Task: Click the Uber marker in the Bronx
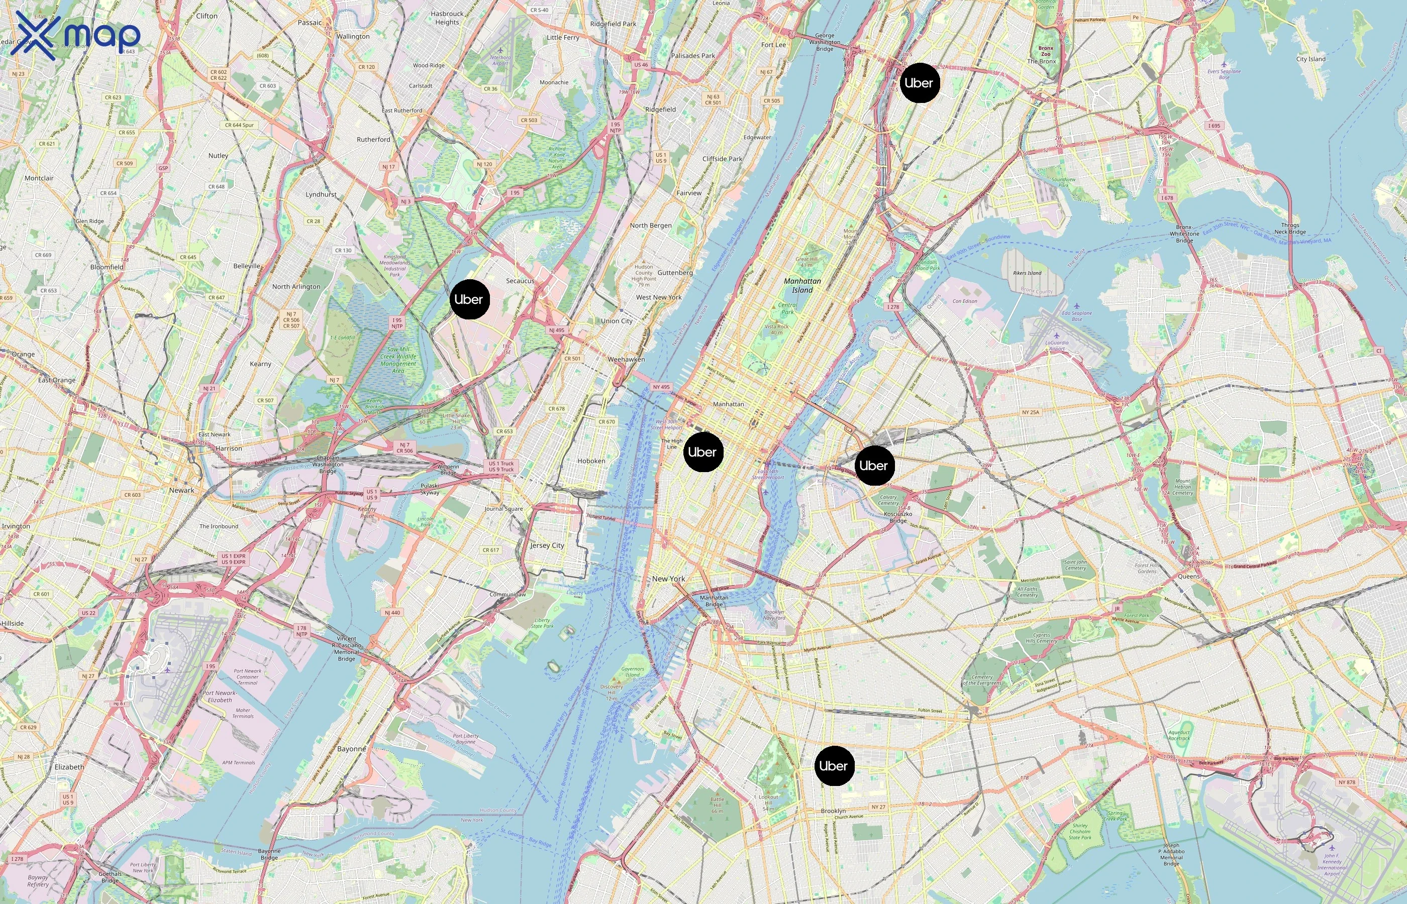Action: (920, 83)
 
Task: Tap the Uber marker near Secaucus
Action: (469, 299)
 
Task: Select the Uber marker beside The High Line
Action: (703, 452)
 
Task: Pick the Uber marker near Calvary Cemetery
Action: (874, 466)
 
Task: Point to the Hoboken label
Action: (591, 461)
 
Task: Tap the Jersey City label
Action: (547, 545)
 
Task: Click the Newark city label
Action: (181, 490)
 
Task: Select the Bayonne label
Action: (351, 749)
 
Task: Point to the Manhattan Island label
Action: (802, 285)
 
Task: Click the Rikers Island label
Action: (1027, 273)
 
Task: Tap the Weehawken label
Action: (626, 359)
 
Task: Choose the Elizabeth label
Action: (69, 766)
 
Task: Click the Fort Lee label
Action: (773, 45)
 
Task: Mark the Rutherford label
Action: (373, 140)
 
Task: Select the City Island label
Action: (1311, 59)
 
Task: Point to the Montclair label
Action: (39, 178)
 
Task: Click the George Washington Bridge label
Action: (825, 42)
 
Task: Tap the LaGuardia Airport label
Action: (1057, 346)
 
